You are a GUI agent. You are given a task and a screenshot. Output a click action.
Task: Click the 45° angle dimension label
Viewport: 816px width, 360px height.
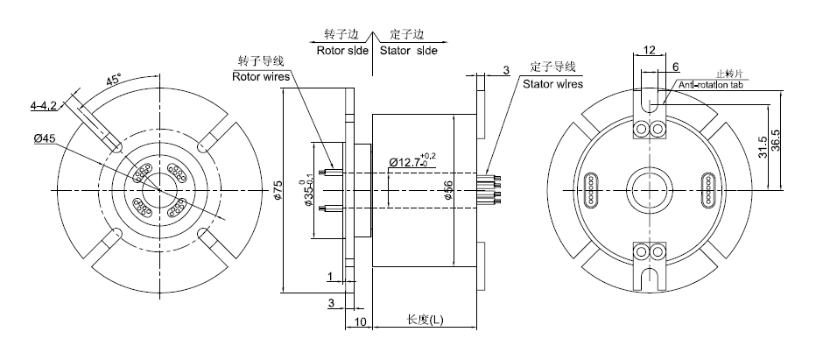(x=114, y=80)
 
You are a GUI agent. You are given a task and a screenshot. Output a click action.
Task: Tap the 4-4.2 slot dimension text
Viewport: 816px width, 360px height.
(x=43, y=106)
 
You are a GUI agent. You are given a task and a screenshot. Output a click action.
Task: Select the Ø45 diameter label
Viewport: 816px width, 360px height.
(x=45, y=138)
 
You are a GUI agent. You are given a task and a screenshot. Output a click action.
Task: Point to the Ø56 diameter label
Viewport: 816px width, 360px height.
(x=448, y=191)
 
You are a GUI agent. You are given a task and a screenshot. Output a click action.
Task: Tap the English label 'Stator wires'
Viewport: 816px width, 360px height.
(x=552, y=84)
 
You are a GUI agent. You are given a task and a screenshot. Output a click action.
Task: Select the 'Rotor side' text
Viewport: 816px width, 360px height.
(x=342, y=51)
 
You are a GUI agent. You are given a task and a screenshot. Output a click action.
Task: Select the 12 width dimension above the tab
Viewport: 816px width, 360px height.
(x=649, y=51)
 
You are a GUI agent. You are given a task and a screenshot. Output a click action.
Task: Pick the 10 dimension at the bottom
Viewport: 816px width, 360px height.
(x=361, y=321)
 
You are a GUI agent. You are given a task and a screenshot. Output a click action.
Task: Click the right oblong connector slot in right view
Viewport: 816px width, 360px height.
(x=708, y=187)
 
